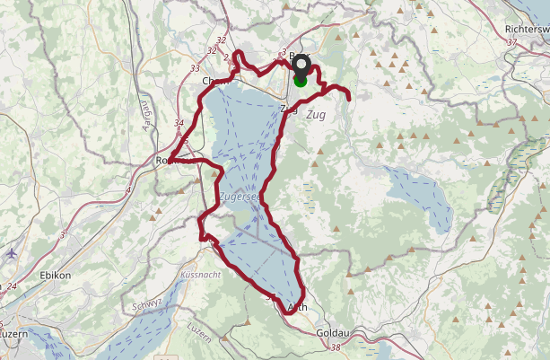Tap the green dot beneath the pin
pyautogui.click(x=300, y=81)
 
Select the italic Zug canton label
pyautogui.click(x=315, y=116)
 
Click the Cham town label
pyautogui.click(x=212, y=81)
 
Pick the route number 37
pyautogui.click(x=512, y=42)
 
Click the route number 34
pyautogui.click(x=179, y=124)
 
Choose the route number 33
pyautogui.click(x=196, y=68)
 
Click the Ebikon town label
pyautogui.click(x=56, y=275)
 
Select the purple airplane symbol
pyautogui.click(x=11, y=253)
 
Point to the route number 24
pyautogui.click(x=12, y=287)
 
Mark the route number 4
pyautogui.click(x=129, y=190)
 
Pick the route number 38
pyautogui.click(x=336, y=347)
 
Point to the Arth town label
pyautogui.click(x=298, y=308)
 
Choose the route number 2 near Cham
pyautogui.click(x=226, y=57)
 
